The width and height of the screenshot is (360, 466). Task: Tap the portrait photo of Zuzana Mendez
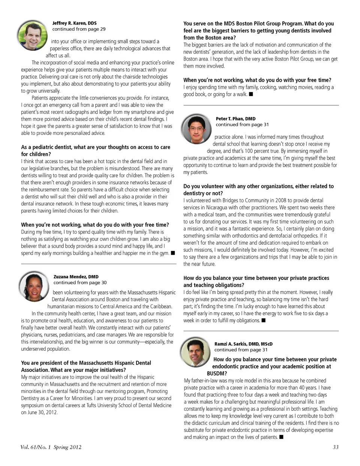[34, 287]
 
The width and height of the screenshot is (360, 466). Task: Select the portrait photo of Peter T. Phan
[196, 129]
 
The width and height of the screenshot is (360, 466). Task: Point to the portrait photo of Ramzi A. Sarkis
[195, 352]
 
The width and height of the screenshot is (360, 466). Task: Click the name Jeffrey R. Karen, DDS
[74, 23]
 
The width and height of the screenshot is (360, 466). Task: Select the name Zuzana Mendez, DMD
[76, 277]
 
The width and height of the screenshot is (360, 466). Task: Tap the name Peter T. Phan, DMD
[235, 119]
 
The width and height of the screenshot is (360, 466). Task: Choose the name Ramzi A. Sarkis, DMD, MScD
[243, 344]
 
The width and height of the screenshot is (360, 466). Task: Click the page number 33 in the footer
[336, 447]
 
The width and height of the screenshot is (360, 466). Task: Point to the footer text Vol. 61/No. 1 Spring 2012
[51, 447]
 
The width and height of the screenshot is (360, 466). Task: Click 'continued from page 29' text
[79, 29]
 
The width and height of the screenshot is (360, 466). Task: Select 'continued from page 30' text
[80, 283]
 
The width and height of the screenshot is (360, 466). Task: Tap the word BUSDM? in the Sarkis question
[217, 374]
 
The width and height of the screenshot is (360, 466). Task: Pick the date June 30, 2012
[39, 412]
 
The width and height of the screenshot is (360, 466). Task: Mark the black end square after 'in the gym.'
[173, 253]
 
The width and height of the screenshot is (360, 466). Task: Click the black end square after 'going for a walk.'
[251, 94]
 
